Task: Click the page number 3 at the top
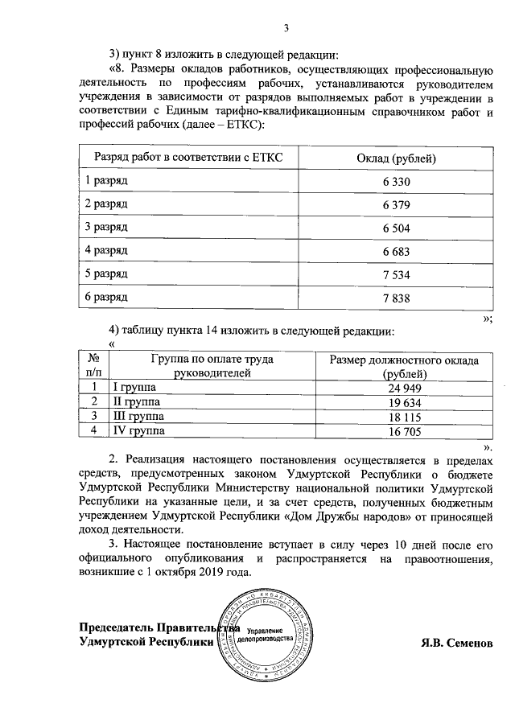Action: pos(286,30)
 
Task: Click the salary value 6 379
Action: pos(397,205)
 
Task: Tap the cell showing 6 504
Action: pos(397,228)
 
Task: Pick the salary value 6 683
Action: pos(397,252)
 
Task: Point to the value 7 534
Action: pos(397,275)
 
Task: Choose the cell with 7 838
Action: pos(397,298)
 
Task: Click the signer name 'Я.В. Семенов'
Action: pos(455,643)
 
